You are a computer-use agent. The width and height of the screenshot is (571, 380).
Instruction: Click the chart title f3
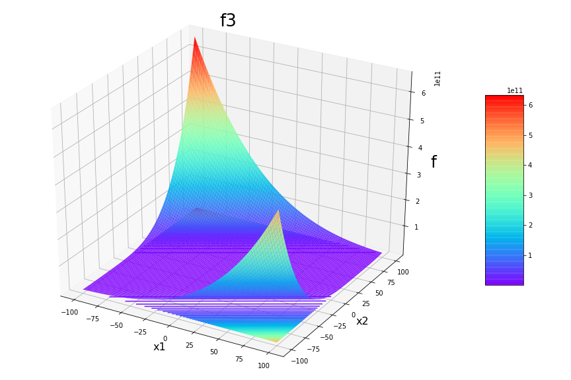click(x=228, y=21)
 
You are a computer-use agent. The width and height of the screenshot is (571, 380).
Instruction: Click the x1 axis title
click(x=159, y=347)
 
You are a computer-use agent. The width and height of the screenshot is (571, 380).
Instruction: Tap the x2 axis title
click(x=362, y=321)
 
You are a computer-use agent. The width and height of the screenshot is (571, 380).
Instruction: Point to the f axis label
click(x=434, y=162)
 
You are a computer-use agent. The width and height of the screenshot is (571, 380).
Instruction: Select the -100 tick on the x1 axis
click(x=69, y=312)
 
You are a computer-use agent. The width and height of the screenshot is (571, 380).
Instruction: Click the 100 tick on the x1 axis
click(x=264, y=365)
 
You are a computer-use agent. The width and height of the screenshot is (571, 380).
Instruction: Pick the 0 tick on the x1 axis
click(x=165, y=338)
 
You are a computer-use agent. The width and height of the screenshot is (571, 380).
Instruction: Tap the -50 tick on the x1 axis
click(x=116, y=325)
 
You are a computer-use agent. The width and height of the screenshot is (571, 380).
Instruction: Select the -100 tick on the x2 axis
click(x=300, y=361)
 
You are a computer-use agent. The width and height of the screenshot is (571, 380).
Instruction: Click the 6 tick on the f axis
click(x=423, y=93)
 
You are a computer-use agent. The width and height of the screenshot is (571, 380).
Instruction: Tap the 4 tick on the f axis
click(x=421, y=148)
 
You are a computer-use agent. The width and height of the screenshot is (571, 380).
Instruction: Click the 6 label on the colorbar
click(x=530, y=105)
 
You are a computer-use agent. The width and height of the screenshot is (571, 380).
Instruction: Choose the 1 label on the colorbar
click(x=530, y=255)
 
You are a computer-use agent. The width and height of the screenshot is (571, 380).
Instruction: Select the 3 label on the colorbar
click(x=530, y=195)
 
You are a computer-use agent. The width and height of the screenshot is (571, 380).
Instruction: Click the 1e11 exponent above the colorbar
click(x=515, y=90)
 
